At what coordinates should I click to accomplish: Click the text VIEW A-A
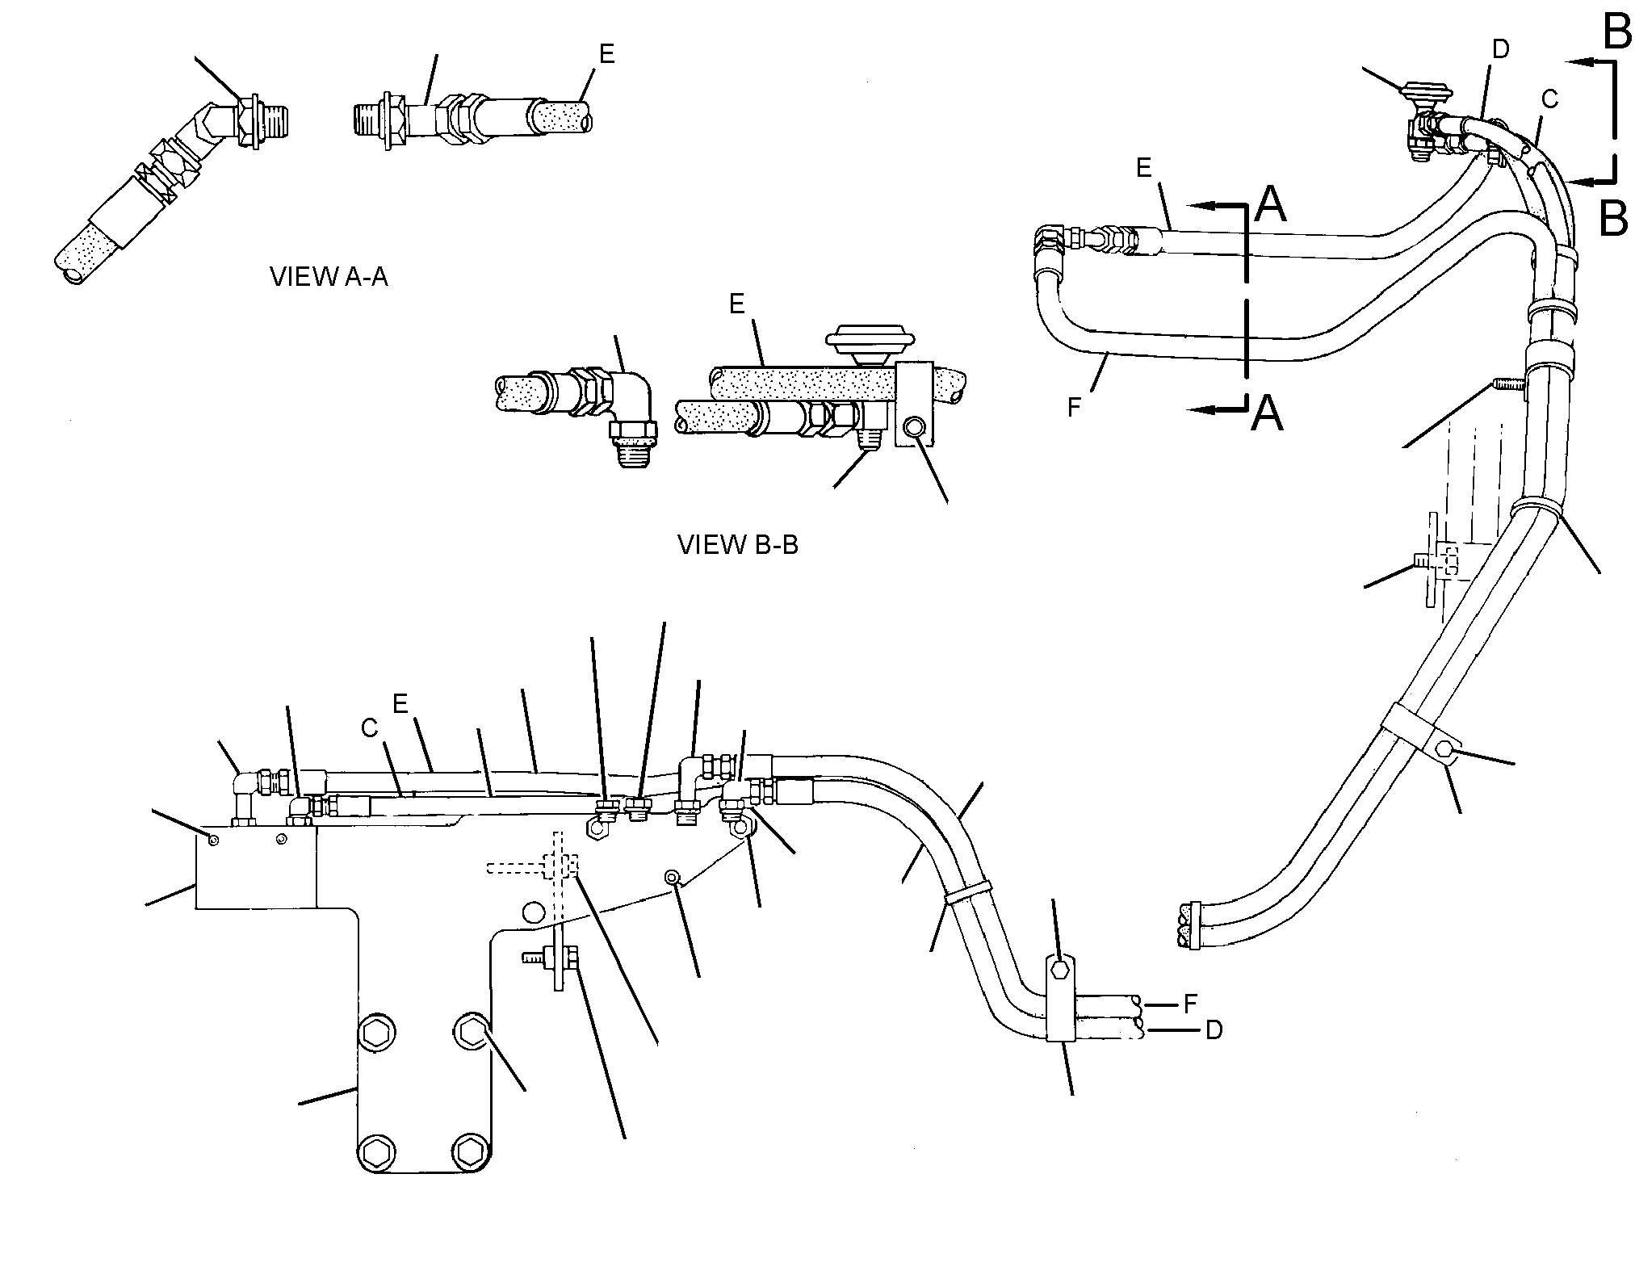point(329,277)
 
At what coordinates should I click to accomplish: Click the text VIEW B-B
point(738,545)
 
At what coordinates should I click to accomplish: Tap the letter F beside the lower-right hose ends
point(1190,1005)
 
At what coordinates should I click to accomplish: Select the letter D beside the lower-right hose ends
point(1214,1030)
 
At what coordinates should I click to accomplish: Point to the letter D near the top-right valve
point(1500,50)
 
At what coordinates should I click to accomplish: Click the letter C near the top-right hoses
point(1549,99)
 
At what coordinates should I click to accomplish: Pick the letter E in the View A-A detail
point(606,54)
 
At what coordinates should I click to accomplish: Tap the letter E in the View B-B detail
point(736,304)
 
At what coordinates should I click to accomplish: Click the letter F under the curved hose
point(1074,408)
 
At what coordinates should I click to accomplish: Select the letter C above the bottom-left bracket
point(370,728)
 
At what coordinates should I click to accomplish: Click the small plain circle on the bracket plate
point(532,912)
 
